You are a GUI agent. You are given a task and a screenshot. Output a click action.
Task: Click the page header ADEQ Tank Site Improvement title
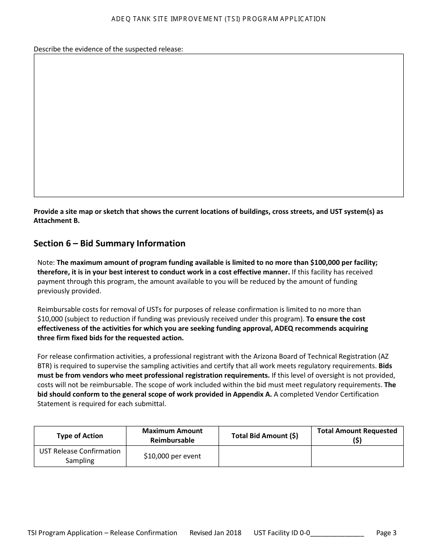[x=219, y=19]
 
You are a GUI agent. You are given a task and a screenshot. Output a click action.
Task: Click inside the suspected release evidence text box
[x=219, y=125]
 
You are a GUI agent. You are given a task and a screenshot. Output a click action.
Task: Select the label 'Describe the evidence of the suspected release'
[x=108, y=49]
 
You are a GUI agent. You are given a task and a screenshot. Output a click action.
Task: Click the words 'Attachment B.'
[x=56, y=221]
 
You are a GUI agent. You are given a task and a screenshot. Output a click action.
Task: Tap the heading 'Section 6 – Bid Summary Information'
[x=109, y=244]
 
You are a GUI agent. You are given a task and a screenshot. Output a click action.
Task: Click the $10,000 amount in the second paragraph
[x=50, y=319]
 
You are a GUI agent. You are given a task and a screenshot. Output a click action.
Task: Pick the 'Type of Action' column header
[x=80, y=436]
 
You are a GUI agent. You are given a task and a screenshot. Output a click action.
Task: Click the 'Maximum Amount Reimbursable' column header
[x=173, y=436]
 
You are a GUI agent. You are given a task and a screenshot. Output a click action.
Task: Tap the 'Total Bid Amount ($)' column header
[x=265, y=436]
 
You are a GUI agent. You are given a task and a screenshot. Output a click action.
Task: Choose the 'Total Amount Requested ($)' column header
[x=357, y=436]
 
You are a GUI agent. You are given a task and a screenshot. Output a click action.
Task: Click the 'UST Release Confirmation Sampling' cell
[x=80, y=456]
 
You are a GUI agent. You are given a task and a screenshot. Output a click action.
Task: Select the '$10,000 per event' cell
[x=173, y=456]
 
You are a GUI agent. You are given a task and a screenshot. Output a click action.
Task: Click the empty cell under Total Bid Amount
[x=265, y=456]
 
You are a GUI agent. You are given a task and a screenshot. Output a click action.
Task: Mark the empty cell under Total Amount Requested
[x=357, y=456]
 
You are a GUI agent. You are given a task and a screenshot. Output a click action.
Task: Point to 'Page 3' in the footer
[x=386, y=533]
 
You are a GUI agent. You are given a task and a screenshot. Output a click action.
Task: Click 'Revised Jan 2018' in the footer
[x=215, y=533]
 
